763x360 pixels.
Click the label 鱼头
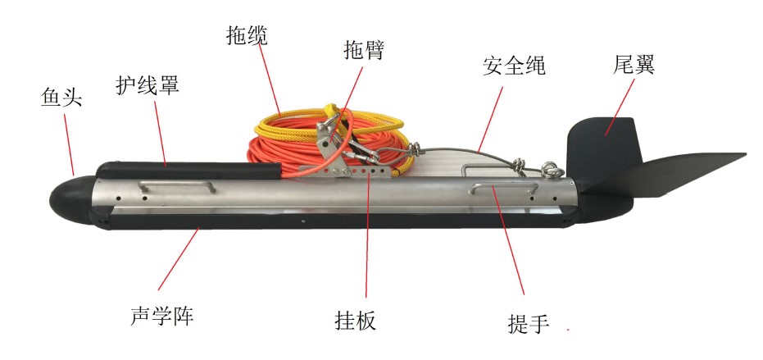pos(61,98)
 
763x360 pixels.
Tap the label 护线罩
pos(148,84)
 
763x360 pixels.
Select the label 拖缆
pos(248,35)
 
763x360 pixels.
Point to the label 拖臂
pos(365,50)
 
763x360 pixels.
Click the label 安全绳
pos(515,65)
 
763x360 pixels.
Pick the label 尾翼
pos(634,64)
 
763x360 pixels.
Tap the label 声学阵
pos(162,316)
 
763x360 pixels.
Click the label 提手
pos(529,323)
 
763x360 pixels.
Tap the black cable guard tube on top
pos(188,171)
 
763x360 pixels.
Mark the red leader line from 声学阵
pos(179,258)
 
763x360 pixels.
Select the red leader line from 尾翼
pos(620,106)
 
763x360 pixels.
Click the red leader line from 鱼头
pos(69,144)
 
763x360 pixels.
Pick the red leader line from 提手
pos(508,240)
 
